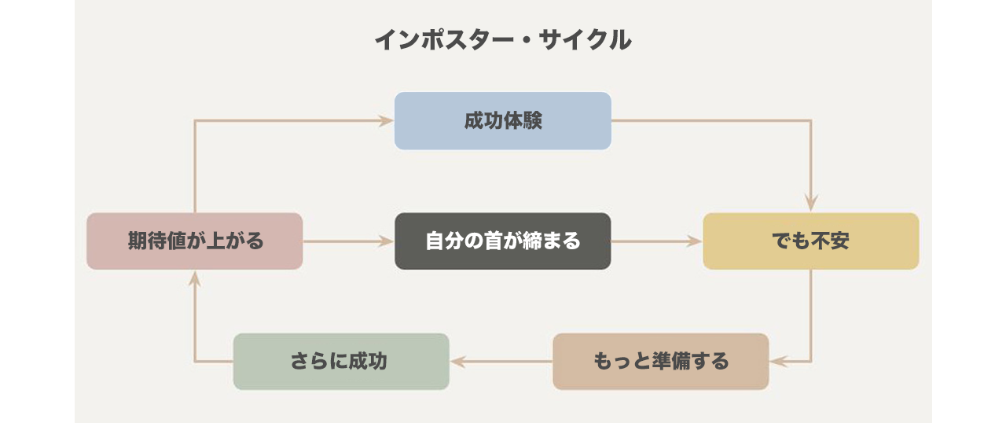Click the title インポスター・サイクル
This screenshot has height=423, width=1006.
(x=502, y=39)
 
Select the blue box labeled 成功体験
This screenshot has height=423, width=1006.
(x=502, y=121)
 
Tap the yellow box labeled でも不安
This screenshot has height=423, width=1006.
(x=810, y=241)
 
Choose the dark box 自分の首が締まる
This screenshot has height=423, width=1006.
(x=502, y=241)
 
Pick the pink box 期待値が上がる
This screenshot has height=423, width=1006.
(x=194, y=241)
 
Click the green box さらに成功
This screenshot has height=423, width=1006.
(x=341, y=362)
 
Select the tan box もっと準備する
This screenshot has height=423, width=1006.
(x=660, y=362)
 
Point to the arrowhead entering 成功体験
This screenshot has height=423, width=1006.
(x=387, y=121)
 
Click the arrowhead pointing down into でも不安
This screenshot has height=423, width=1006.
(x=810, y=205)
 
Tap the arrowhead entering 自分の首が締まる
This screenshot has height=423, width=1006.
(x=387, y=241)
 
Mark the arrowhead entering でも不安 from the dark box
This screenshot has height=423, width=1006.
(x=695, y=241)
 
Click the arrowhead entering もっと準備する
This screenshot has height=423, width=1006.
(x=777, y=362)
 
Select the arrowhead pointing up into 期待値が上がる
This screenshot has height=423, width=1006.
(x=194, y=278)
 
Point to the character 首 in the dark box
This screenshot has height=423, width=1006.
(x=503, y=241)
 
